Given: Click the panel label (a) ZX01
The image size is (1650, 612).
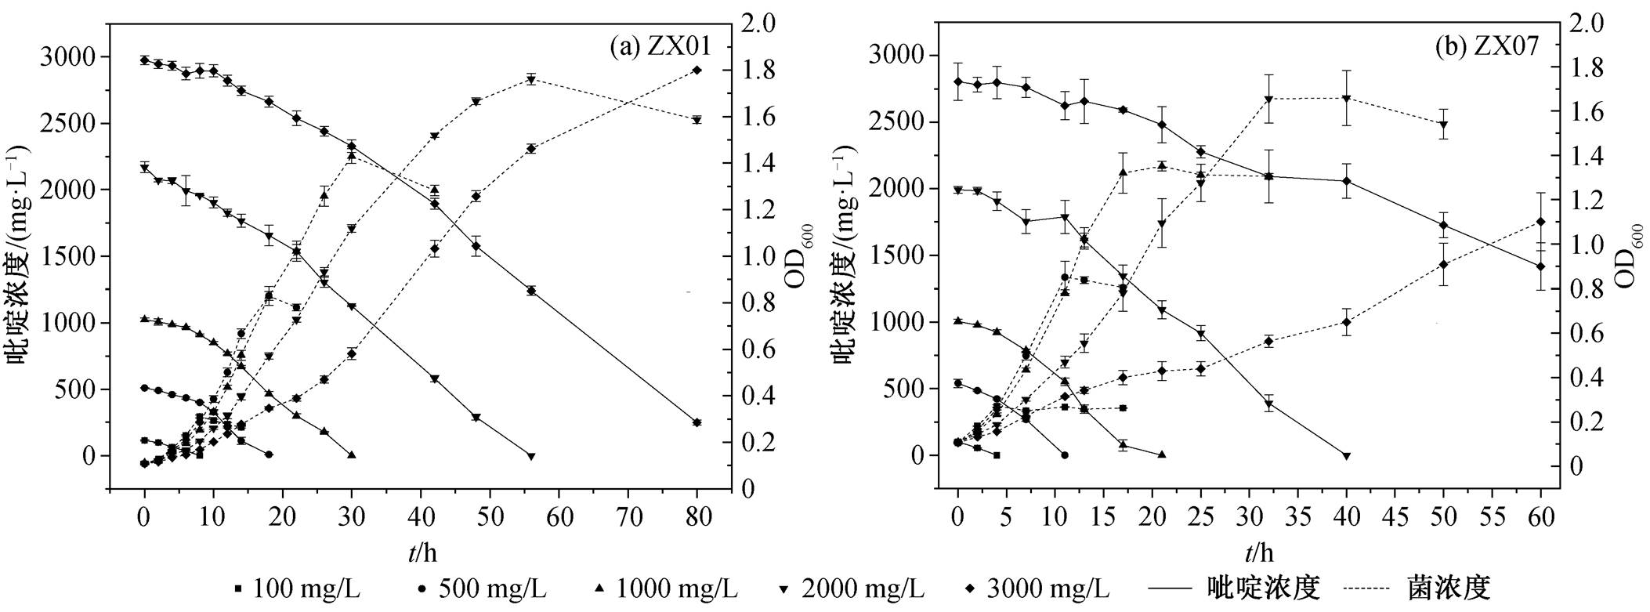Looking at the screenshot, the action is [x=660, y=47].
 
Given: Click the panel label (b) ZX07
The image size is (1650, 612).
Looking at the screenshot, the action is [x=1486, y=47].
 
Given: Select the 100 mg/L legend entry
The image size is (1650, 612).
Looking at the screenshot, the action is [x=298, y=588].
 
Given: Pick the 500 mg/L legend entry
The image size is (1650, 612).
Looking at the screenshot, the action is [x=483, y=588].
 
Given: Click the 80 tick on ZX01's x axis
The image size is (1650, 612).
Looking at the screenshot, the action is [x=697, y=516].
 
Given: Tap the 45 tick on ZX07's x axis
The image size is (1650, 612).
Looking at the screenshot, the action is [x=1395, y=516].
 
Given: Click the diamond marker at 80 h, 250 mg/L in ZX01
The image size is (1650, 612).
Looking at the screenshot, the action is [x=697, y=422].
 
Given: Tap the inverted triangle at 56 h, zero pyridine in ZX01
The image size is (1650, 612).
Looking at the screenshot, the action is [x=531, y=456].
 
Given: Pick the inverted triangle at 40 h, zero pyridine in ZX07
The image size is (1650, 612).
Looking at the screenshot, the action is [x=1347, y=456].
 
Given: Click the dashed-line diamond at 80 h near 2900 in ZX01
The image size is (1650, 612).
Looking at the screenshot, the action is [x=697, y=71].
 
